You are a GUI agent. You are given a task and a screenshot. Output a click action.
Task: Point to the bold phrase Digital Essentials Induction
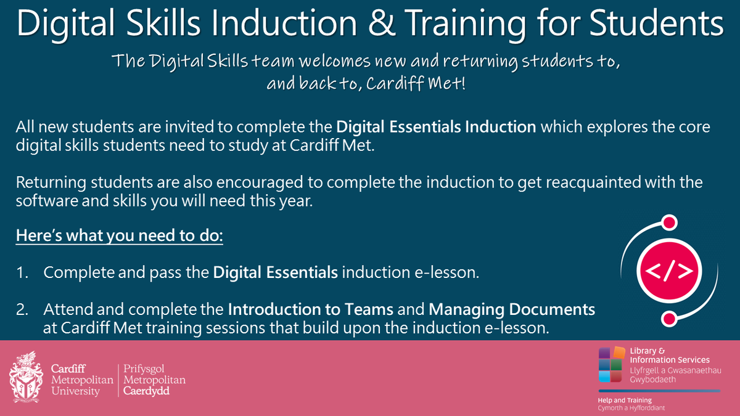[436, 128]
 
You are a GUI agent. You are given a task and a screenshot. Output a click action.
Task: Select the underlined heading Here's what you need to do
[119, 236]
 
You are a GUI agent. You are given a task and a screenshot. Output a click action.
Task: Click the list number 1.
[22, 272]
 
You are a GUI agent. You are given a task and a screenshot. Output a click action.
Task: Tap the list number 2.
[22, 309]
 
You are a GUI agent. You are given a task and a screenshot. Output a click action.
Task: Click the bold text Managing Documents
[512, 309]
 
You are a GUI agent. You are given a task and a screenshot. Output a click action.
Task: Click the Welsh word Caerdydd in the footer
[147, 391]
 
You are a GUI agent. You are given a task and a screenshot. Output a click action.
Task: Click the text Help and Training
[625, 400]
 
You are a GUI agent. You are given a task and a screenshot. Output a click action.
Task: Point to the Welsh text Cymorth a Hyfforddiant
[631, 409]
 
